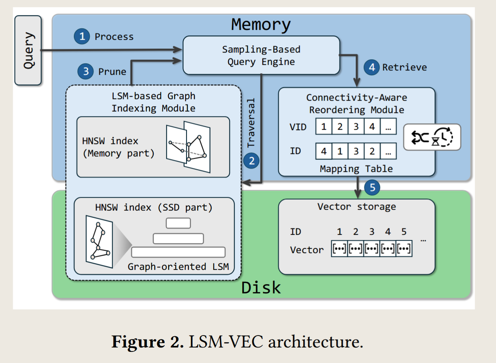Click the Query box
tap(28, 50)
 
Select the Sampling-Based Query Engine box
tap(261, 55)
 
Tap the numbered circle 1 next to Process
tap(82, 37)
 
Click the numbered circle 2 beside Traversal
tap(251, 161)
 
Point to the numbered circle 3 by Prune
tap(86, 72)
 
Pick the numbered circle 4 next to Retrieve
tap(372, 67)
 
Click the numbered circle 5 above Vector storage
tap(372, 187)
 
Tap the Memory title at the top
tap(261, 25)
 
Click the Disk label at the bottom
tap(261, 287)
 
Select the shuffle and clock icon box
tap(432, 137)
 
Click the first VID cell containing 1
tap(324, 127)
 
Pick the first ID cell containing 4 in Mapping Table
tap(324, 151)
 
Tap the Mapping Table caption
tap(356, 169)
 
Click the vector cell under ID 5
tap(404, 249)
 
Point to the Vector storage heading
tap(356, 207)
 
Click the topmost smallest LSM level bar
tap(178, 223)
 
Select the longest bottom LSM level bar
tap(178, 252)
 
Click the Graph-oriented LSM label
tap(178, 266)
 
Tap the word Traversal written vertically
tap(251, 123)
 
